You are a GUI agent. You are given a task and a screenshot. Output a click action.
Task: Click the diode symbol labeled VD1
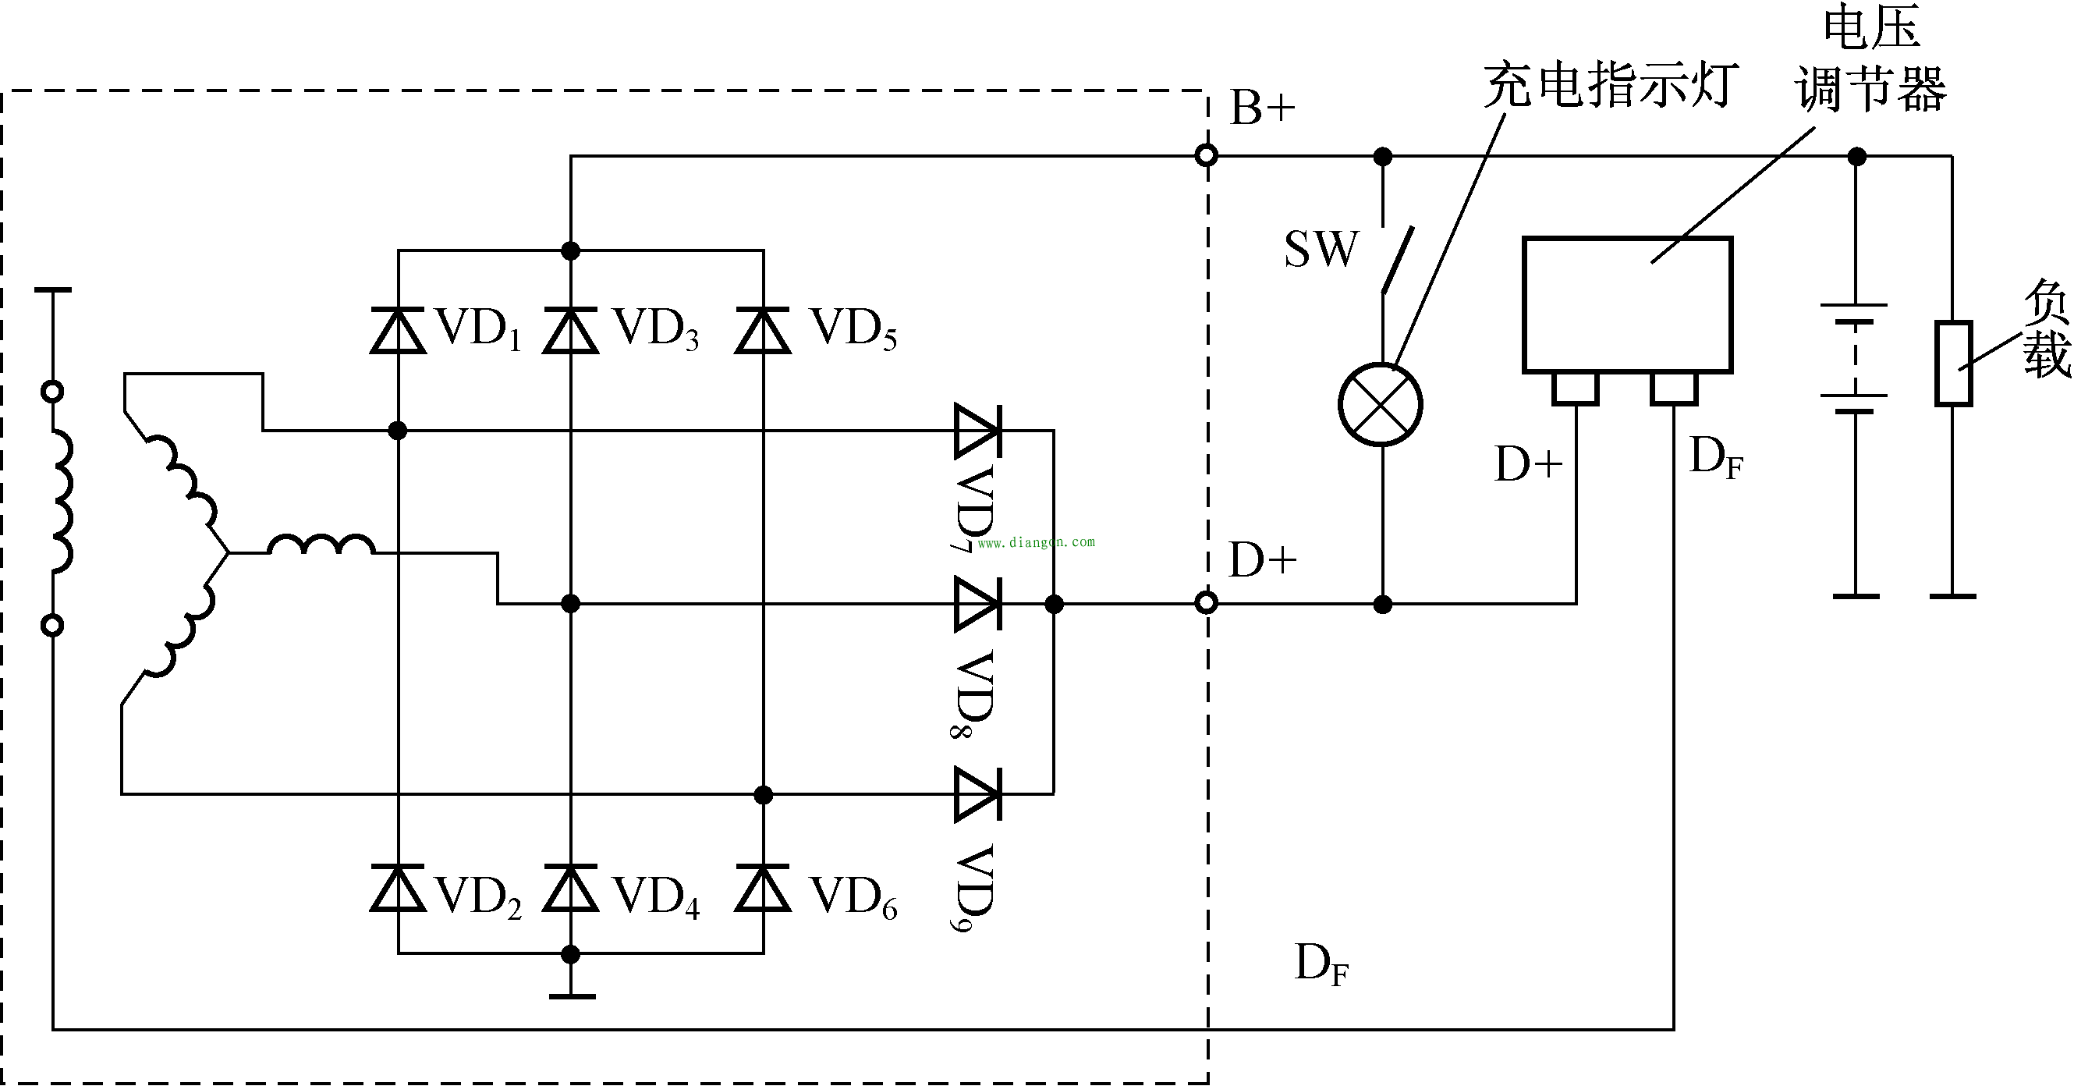[398, 331]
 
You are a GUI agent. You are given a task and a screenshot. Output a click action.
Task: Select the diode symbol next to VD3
[570, 331]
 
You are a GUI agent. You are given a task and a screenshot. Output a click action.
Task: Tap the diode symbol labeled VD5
[763, 331]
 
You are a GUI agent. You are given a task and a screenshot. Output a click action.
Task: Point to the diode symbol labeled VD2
[398, 888]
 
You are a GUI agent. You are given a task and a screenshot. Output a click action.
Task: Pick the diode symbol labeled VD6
[763, 888]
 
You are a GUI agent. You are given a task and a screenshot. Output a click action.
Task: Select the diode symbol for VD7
[977, 431]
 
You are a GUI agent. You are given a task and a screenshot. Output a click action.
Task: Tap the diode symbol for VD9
[977, 794]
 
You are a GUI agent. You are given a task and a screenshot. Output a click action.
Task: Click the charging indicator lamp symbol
[1380, 404]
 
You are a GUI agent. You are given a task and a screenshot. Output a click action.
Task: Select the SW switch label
[1321, 250]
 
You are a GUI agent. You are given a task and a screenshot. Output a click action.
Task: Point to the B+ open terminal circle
[1205, 155]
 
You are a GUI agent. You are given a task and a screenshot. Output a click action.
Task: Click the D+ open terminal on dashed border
[1205, 602]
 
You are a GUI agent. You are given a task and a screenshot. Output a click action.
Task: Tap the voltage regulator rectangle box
[1626, 305]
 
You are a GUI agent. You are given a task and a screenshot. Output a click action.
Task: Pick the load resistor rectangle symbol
[1953, 362]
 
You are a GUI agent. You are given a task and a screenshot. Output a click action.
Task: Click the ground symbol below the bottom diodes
[571, 995]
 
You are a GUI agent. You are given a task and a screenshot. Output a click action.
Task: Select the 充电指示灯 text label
[1609, 85]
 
